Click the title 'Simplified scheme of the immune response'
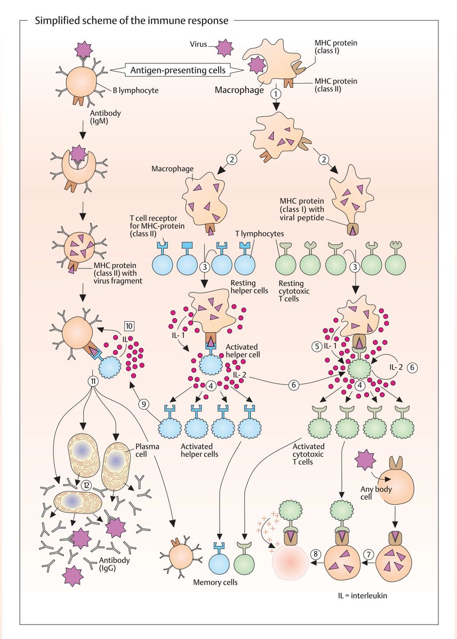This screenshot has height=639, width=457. click(131, 21)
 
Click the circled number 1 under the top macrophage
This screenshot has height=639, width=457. click(276, 93)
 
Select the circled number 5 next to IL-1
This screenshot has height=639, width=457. click(316, 345)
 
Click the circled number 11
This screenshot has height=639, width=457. click(93, 381)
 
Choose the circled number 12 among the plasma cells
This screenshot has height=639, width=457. click(87, 485)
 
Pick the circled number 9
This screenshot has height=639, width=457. click(143, 404)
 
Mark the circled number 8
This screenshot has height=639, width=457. click(316, 554)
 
